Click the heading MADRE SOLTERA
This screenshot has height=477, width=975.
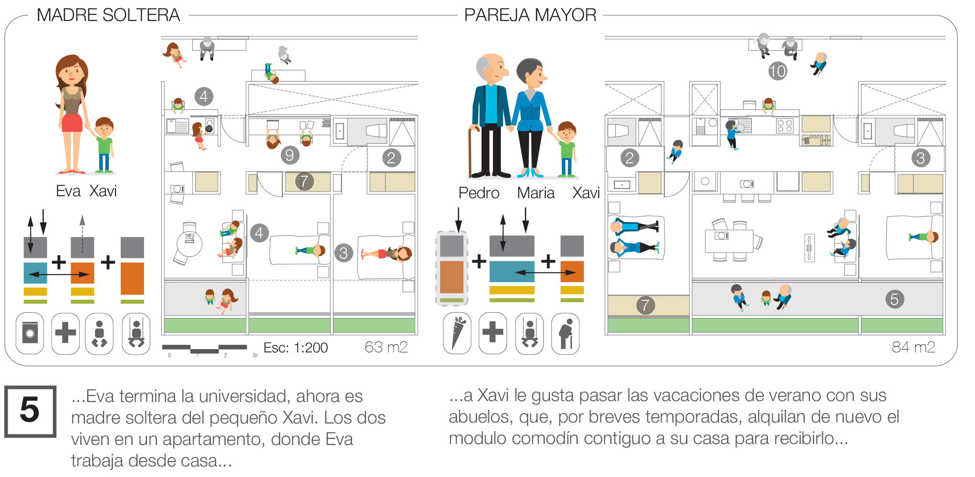(108, 15)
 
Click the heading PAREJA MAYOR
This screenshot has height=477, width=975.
(530, 15)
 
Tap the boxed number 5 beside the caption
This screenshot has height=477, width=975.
(30, 411)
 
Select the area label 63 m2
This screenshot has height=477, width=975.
(386, 347)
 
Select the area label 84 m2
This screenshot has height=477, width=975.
(913, 347)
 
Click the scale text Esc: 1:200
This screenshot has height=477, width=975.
(295, 348)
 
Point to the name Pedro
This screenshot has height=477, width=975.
(478, 193)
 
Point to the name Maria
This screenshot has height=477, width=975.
(536, 193)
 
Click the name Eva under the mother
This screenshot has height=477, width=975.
(68, 191)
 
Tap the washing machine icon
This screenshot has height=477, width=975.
(30, 333)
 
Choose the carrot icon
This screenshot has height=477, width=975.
(457, 333)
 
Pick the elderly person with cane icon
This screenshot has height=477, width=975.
(566, 333)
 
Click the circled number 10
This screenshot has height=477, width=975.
(778, 72)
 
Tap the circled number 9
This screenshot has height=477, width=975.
(290, 155)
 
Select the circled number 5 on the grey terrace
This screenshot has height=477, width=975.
(894, 299)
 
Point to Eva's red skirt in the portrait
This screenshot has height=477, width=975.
(72, 123)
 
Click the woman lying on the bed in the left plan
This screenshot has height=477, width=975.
(386, 253)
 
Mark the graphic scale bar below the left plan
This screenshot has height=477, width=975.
(204, 349)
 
